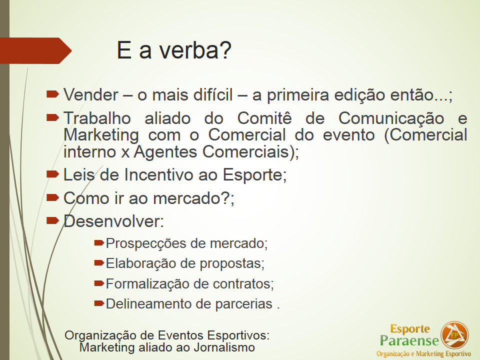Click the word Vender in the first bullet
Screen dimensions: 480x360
(x=91, y=95)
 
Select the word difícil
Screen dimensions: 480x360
(x=213, y=94)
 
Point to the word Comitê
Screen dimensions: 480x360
(x=264, y=118)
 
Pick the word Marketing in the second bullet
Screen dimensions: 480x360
(x=101, y=136)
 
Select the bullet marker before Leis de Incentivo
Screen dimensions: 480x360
(x=52, y=174)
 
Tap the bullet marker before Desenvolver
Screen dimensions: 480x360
(x=52, y=220)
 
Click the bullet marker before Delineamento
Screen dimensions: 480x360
(x=99, y=303)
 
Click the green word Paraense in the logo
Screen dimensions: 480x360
(x=409, y=340)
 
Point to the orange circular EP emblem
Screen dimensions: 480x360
(x=454, y=335)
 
